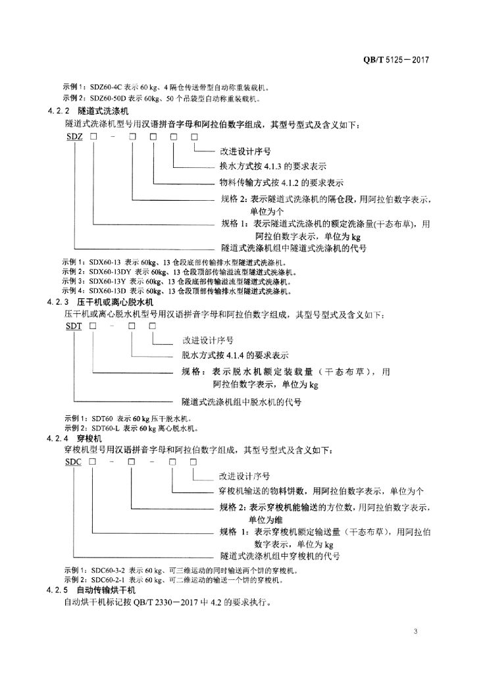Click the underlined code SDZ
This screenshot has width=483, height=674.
74,137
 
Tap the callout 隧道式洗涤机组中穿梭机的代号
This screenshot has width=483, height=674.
280,557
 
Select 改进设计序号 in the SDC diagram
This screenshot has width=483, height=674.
244,475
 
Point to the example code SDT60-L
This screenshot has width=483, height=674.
105,428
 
